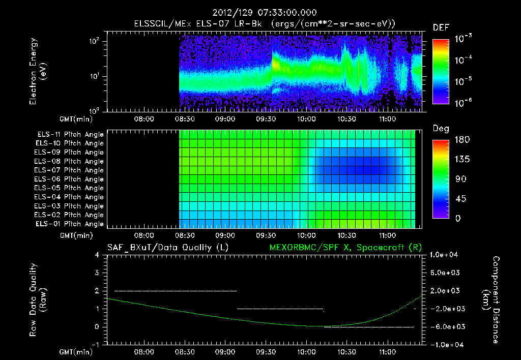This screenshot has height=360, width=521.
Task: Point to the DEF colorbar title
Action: click(x=441, y=27)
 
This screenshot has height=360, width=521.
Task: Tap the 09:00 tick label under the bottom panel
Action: click(x=225, y=351)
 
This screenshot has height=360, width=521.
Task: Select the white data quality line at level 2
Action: click(x=176, y=291)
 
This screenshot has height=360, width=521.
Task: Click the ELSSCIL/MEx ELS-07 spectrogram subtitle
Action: click(x=265, y=24)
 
